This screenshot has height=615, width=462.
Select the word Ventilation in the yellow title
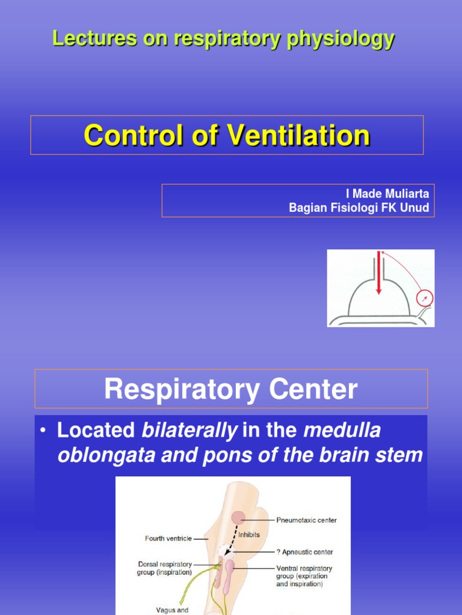point(298,135)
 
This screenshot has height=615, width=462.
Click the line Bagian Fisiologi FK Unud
point(359,208)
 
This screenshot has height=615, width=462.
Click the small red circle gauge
point(424,298)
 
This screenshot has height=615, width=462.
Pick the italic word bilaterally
point(189,431)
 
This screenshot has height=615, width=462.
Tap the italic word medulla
point(342,431)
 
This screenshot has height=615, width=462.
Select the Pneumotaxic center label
point(306,520)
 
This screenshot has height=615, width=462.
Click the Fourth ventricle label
point(168,538)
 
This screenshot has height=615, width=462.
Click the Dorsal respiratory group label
point(164,568)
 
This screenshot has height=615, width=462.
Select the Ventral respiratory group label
point(304,575)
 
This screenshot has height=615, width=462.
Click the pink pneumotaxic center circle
point(239,517)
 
